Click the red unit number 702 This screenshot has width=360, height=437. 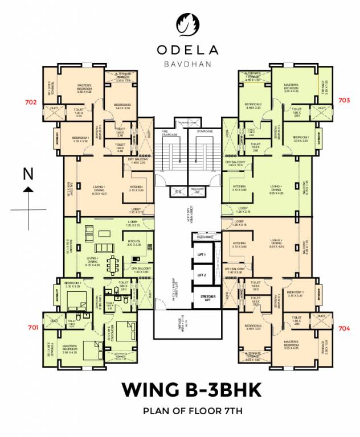31,102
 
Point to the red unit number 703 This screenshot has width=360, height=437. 344,100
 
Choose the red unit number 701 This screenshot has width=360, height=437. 33,328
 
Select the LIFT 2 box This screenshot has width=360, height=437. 201,275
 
